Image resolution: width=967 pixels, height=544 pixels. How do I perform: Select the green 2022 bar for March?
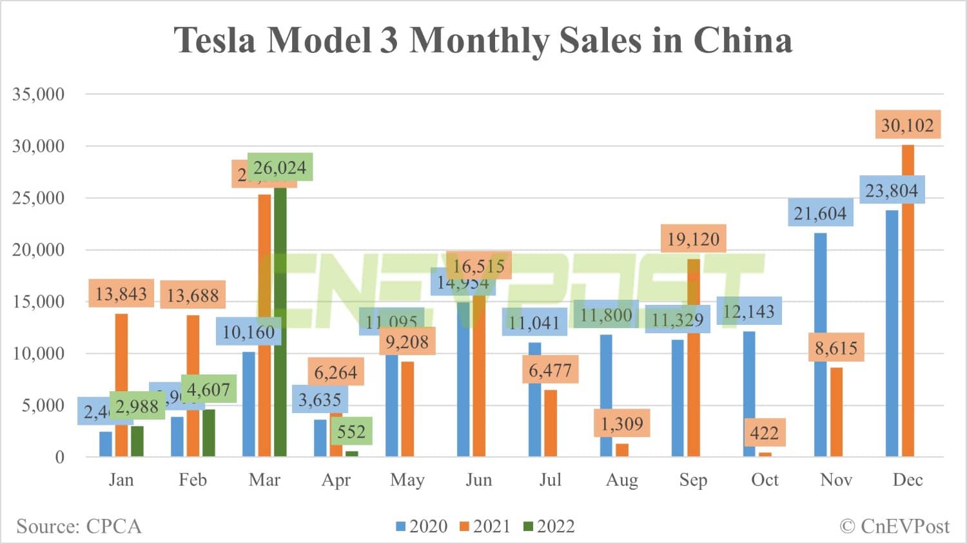tap(280, 322)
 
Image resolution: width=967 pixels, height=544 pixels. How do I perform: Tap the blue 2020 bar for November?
tap(820, 345)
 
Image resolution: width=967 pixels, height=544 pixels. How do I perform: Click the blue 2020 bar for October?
tap(748, 394)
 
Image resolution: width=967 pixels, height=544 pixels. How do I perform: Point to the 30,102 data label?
tap(907, 125)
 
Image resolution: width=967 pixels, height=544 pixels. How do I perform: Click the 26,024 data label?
tap(280, 168)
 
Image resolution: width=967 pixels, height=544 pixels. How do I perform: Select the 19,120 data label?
tap(693, 239)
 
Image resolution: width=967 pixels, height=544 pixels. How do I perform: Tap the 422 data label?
tap(764, 433)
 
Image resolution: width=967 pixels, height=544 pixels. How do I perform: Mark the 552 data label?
tap(351, 431)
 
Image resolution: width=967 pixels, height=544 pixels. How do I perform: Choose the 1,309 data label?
tap(621, 423)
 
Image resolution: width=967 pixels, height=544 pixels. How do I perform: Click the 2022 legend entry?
tap(549, 527)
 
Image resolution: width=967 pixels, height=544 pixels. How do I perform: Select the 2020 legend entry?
tap(422, 527)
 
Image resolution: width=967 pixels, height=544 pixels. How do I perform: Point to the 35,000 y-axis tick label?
tap(39, 94)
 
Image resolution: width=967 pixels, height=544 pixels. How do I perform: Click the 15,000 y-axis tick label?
tap(39, 302)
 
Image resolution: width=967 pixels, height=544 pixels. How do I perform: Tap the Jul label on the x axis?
tap(550, 480)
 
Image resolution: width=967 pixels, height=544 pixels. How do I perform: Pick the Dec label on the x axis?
tap(907, 480)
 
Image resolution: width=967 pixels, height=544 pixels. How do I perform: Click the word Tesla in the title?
tap(215, 40)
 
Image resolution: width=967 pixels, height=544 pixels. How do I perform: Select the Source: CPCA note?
tap(79, 527)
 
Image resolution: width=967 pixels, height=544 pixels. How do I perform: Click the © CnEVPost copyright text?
tap(894, 527)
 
